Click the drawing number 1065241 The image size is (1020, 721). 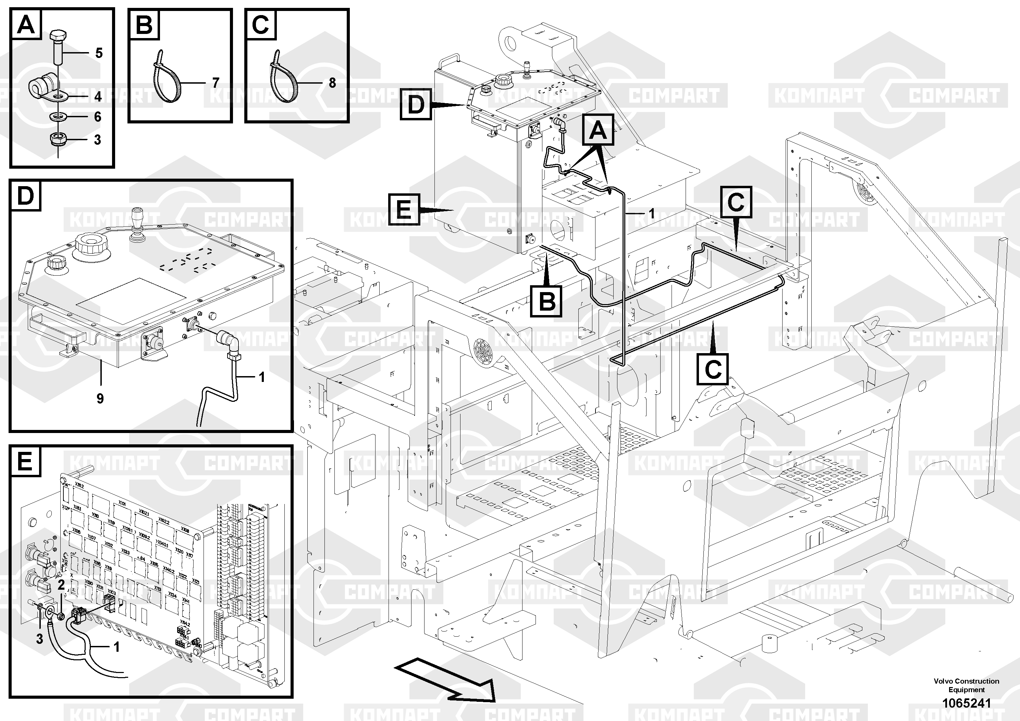(966, 703)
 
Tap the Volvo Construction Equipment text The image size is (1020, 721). (966, 685)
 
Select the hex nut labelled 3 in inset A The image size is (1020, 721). (58, 140)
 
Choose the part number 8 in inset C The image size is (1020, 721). (332, 83)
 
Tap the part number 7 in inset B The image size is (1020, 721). (216, 83)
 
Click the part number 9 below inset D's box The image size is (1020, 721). (100, 399)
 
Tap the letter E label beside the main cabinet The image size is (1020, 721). (404, 209)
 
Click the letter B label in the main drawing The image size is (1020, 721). (546, 301)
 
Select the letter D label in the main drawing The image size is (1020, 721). (416, 105)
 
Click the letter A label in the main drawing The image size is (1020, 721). (598, 130)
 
